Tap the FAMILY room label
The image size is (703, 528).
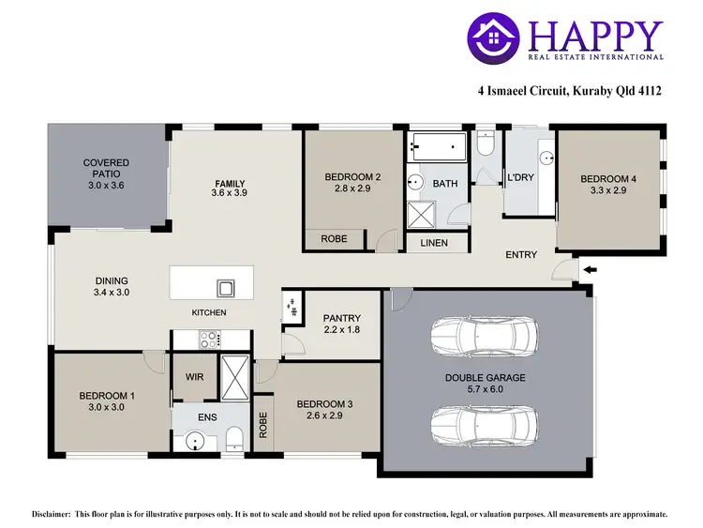(230, 183)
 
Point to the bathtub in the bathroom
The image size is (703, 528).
(438, 146)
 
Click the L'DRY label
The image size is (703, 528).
(520, 177)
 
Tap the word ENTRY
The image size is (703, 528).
(520, 255)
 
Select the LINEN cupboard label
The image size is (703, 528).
(434, 243)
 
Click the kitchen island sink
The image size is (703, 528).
(225, 287)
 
